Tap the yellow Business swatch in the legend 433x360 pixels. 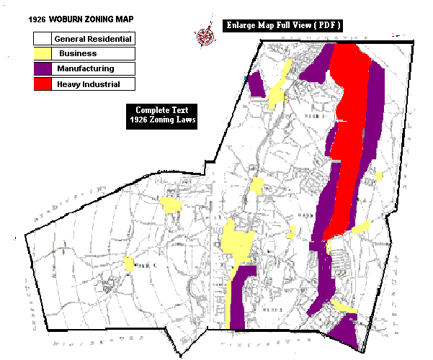point(42,53)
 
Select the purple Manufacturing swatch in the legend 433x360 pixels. point(42,69)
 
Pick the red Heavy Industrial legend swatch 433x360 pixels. point(42,84)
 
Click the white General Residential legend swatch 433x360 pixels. point(42,38)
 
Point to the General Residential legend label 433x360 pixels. point(93,38)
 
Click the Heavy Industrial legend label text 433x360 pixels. point(88,84)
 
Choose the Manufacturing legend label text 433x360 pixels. point(86,69)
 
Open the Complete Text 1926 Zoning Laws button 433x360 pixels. point(163,115)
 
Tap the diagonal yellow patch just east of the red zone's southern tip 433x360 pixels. point(360,228)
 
